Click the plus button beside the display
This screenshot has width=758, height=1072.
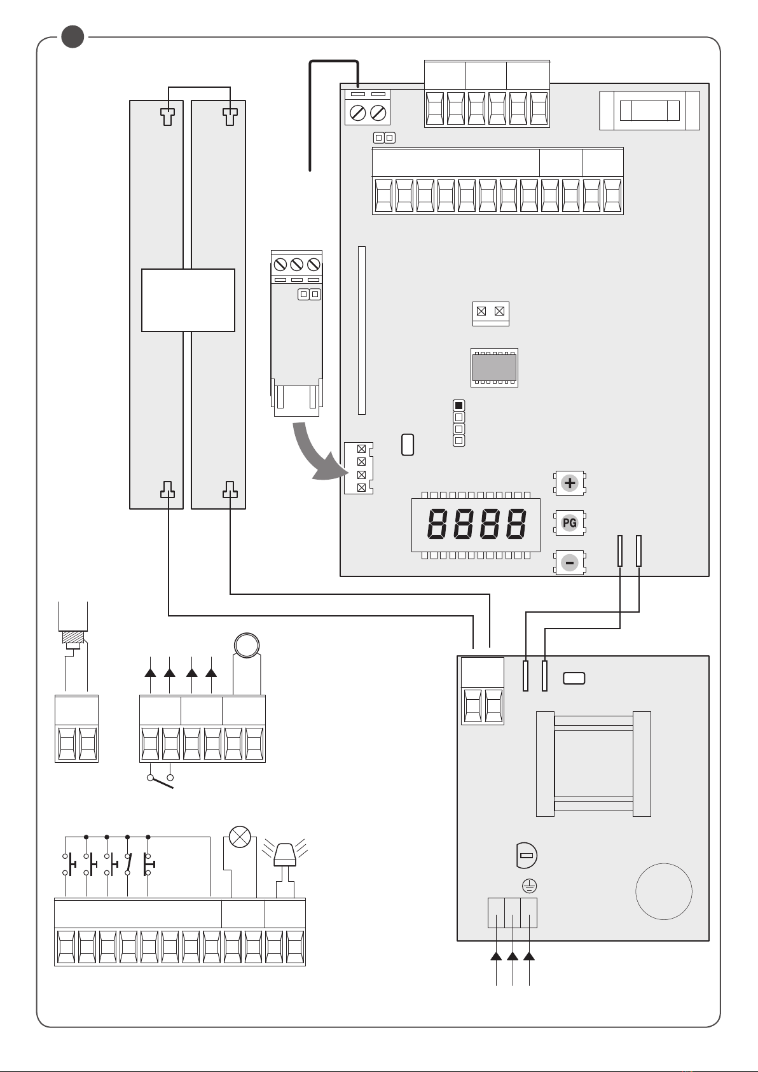click(570, 483)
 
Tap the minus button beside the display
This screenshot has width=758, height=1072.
click(570, 563)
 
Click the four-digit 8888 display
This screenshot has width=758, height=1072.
click(476, 525)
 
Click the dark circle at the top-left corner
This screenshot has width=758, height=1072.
click(72, 36)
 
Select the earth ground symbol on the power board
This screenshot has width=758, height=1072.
click(530, 886)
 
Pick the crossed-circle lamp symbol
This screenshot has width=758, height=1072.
click(240, 837)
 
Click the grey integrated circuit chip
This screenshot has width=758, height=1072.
click(495, 368)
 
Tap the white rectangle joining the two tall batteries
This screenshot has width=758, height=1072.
click(188, 300)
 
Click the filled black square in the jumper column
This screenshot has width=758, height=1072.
click(458, 406)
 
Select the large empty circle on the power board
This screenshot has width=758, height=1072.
click(664, 891)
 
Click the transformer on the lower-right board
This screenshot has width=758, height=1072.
click(593, 764)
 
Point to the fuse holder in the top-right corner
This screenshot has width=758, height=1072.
click(649, 111)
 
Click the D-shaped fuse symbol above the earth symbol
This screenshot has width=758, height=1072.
click(527, 855)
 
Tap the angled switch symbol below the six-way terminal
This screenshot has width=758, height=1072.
click(161, 781)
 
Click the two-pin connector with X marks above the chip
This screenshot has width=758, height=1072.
click(491, 313)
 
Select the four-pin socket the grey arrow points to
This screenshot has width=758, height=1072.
click(359, 468)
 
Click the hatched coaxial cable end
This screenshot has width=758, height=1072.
click(73, 637)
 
